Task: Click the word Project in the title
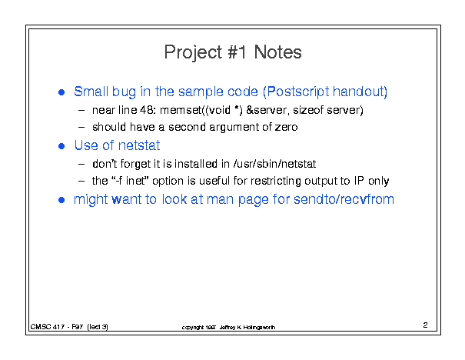(193, 53)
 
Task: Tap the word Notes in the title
(278, 52)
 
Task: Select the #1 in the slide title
(237, 52)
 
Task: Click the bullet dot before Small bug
(61, 92)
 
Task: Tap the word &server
(267, 111)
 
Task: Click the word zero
(286, 128)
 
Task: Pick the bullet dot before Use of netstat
(61, 146)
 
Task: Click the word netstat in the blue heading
(139, 145)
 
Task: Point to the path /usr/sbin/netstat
(275, 164)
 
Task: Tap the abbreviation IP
(359, 181)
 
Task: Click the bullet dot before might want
(61, 200)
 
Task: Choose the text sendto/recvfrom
(344, 199)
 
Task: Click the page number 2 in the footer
(425, 325)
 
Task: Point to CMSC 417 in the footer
(48, 327)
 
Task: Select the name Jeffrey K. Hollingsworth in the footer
(247, 328)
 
